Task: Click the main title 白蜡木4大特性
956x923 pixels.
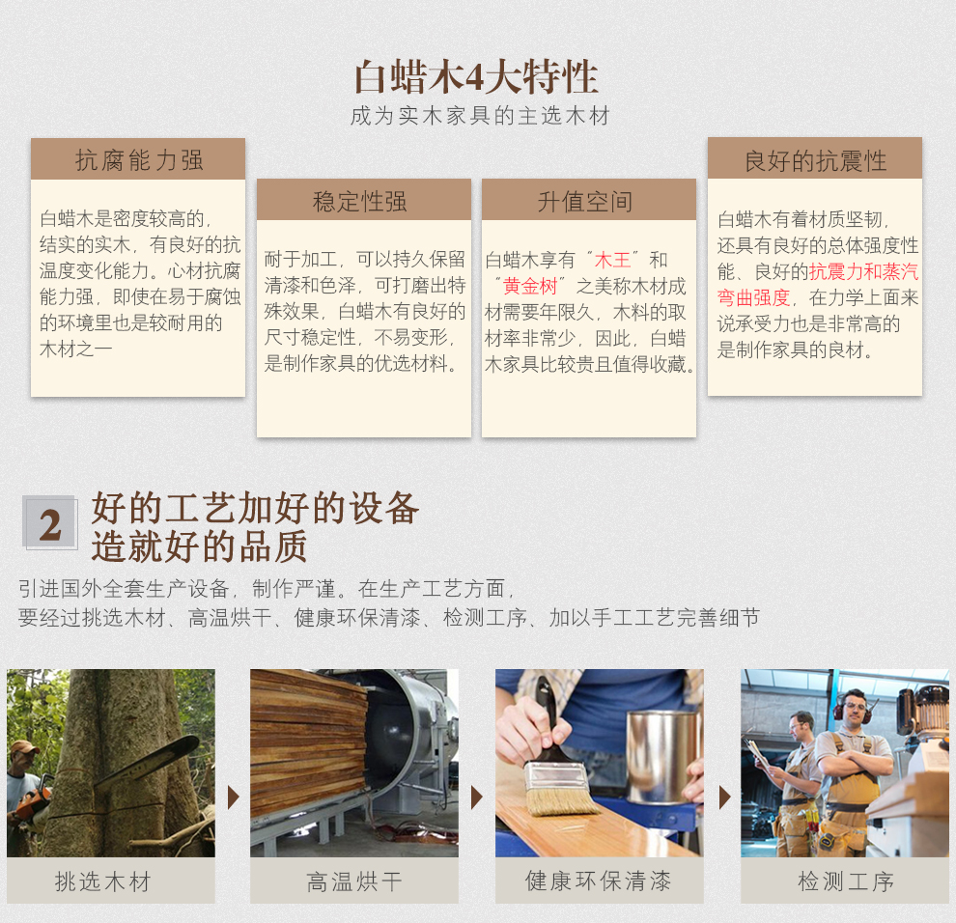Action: tap(476, 77)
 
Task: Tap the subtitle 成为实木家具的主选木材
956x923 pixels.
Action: tap(480, 116)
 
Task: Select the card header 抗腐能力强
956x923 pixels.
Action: tap(139, 160)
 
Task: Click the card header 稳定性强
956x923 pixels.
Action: tap(360, 201)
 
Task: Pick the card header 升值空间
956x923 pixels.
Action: tap(584, 201)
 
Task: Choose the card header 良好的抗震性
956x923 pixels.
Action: tap(815, 161)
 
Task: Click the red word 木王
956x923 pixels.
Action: tap(612, 261)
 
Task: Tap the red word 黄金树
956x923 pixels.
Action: tap(530, 286)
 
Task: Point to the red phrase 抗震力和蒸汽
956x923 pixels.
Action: tap(863, 272)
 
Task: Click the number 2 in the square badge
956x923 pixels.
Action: tap(50, 523)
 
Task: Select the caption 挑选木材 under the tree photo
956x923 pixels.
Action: tap(102, 881)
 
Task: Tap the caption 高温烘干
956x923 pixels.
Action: tap(354, 881)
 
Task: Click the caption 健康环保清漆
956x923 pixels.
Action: tap(598, 881)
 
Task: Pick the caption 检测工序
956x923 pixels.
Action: tap(846, 881)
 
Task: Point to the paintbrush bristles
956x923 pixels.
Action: tap(561, 797)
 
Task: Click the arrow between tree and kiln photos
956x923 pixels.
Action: tap(233, 797)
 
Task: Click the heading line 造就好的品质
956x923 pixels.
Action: tap(199, 546)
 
